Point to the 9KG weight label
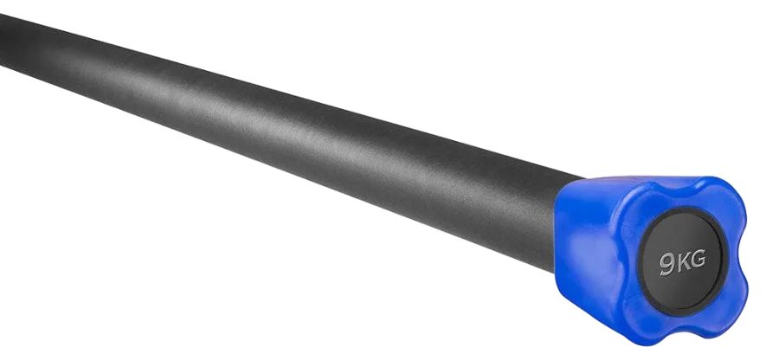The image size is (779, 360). click(x=683, y=263)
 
